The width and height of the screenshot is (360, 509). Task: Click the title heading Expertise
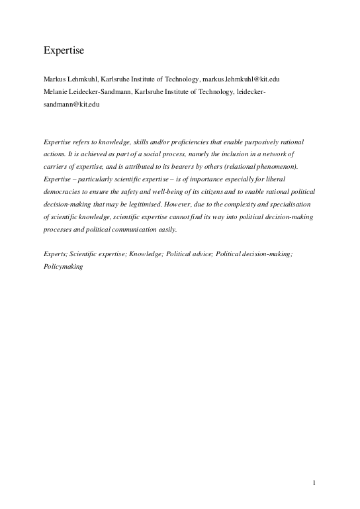click(62, 50)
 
